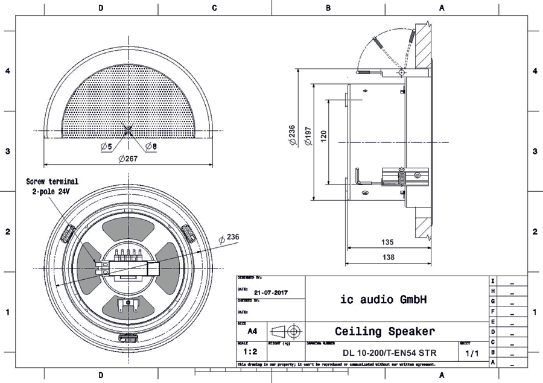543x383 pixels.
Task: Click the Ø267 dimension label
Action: [x=129, y=159]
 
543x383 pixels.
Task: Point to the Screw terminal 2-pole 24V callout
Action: [x=51, y=186]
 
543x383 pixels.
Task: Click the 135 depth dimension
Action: [x=388, y=242]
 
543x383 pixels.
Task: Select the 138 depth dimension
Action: [x=388, y=258]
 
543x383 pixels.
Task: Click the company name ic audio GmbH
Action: [x=384, y=299]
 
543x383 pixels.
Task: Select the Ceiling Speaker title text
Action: [x=384, y=331]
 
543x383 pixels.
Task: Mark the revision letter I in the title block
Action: [x=493, y=281]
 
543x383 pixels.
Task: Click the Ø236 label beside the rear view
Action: [x=229, y=238]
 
